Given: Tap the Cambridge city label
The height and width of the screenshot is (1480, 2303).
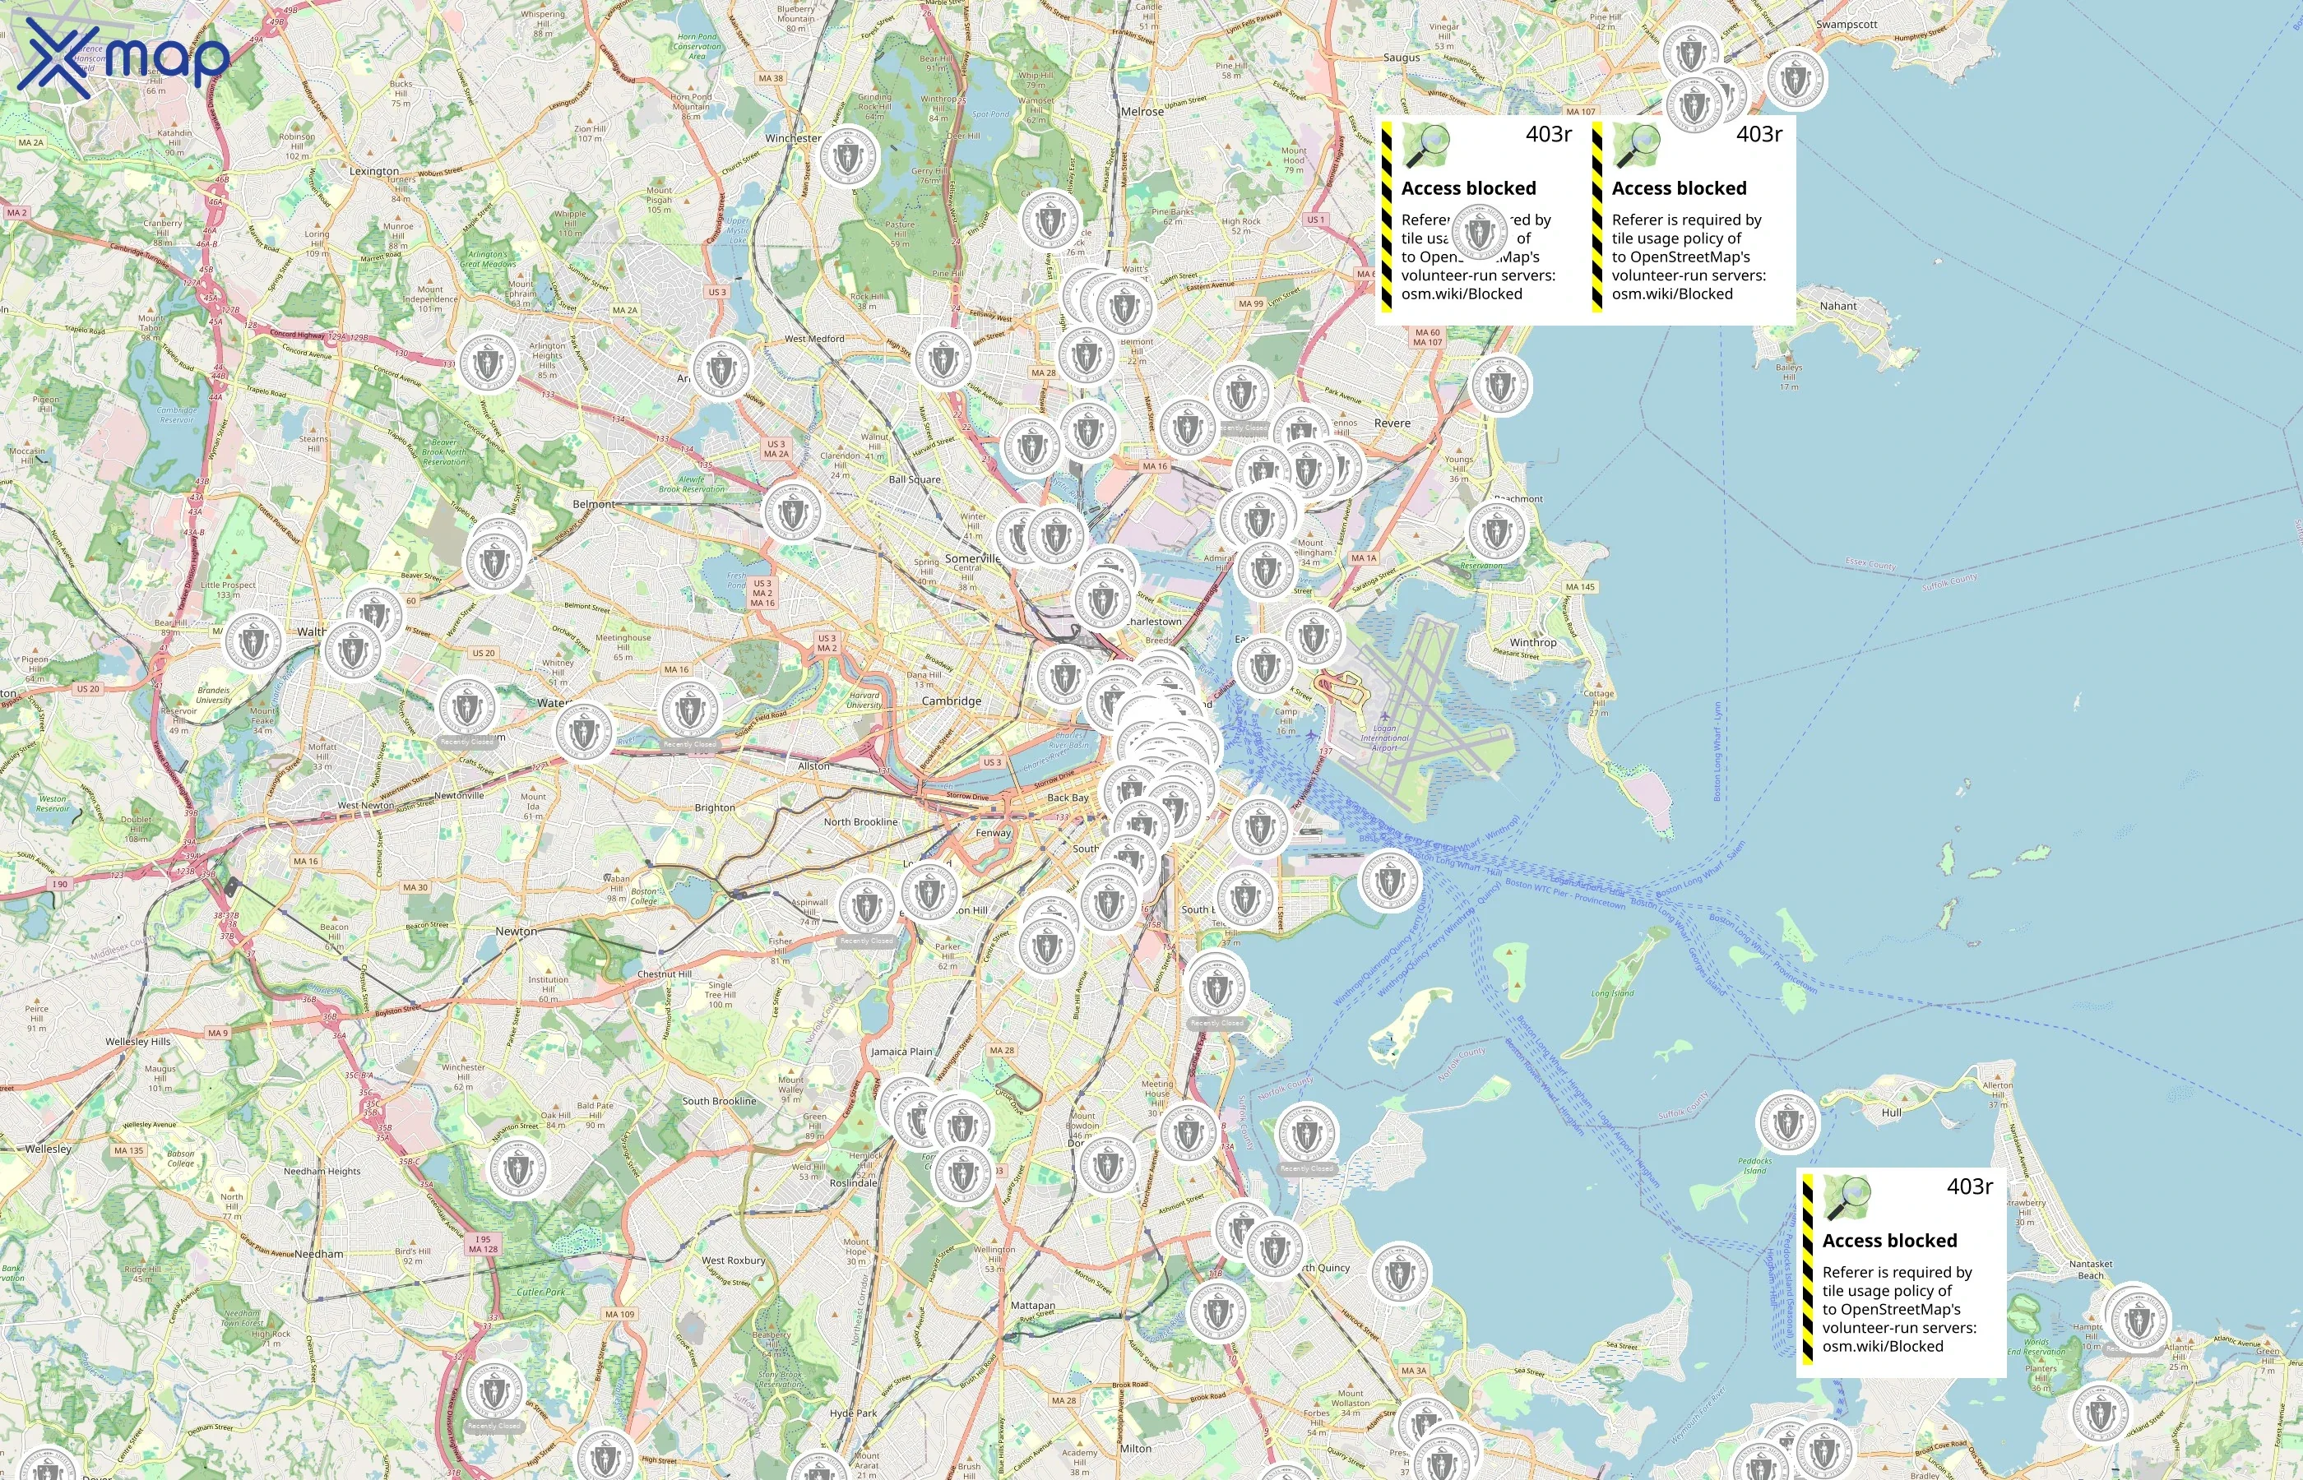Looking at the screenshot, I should pyautogui.click(x=951, y=701).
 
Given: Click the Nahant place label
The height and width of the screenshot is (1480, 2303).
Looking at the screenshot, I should pyautogui.click(x=1837, y=306).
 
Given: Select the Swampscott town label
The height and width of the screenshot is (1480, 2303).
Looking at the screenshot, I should pyautogui.click(x=1846, y=24).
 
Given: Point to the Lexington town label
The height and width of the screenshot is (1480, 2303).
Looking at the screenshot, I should pyautogui.click(x=374, y=171).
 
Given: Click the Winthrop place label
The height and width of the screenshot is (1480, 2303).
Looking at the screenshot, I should pyautogui.click(x=1532, y=642).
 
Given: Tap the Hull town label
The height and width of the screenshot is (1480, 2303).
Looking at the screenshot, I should pyautogui.click(x=1891, y=1112).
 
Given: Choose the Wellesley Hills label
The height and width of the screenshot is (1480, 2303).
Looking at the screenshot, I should pyautogui.click(x=137, y=1041).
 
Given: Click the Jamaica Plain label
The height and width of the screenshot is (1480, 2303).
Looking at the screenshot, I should pyautogui.click(x=901, y=1052).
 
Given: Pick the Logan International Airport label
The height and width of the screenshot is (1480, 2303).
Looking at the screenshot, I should pyautogui.click(x=1384, y=738).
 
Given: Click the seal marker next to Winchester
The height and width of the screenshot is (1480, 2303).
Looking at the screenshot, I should pyautogui.click(x=848, y=157).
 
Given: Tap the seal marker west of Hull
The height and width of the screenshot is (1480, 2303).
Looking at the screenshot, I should pyautogui.click(x=1786, y=1122).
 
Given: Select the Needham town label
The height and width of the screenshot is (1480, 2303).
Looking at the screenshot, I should pyautogui.click(x=318, y=1254).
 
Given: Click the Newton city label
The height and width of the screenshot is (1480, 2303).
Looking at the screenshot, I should pyautogui.click(x=517, y=932).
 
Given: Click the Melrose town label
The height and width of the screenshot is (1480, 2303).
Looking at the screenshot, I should pyautogui.click(x=1142, y=112).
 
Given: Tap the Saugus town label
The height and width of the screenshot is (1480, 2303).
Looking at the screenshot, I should pyautogui.click(x=1401, y=58).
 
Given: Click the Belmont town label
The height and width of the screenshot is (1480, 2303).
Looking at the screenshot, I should pyautogui.click(x=593, y=503).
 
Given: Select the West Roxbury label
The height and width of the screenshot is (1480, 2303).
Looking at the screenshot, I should pyautogui.click(x=734, y=1260).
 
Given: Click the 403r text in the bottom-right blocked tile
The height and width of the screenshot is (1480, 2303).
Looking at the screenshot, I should pyautogui.click(x=1968, y=1187).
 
